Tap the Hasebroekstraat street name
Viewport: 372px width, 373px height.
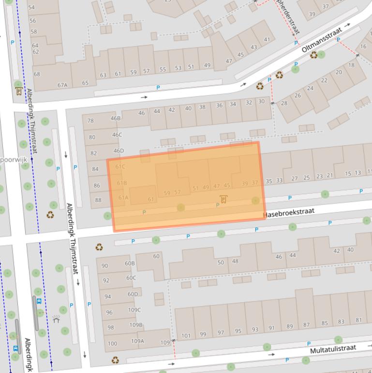(x=289, y=213)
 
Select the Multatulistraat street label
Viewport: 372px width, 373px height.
(x=333, y=348)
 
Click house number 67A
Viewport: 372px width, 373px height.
(x=62, y=85)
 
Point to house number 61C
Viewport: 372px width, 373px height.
(x=120, y=167)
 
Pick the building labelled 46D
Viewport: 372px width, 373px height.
(x=118, y=151)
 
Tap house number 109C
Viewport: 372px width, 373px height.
(x=134, y=310)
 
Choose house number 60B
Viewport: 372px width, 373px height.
(x=130, y=264)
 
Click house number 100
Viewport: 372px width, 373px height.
(x=112, y=343)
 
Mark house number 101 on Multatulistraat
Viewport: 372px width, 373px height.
(x=186, y=335)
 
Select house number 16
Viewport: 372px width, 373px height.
(x=363, y=47)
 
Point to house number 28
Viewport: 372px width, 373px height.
(x=284, y=103)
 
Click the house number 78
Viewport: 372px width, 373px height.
(x=90, y=121)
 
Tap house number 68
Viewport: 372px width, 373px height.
(x=37, y=74)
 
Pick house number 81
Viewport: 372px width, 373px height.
(x=358, y=320)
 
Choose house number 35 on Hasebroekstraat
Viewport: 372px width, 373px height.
(x=269, y=181)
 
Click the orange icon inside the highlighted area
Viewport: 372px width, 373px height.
(x=223, y=199)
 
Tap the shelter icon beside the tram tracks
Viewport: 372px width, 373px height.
(x=57, y=319)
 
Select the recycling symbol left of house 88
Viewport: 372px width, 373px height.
(x=50, y=215)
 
